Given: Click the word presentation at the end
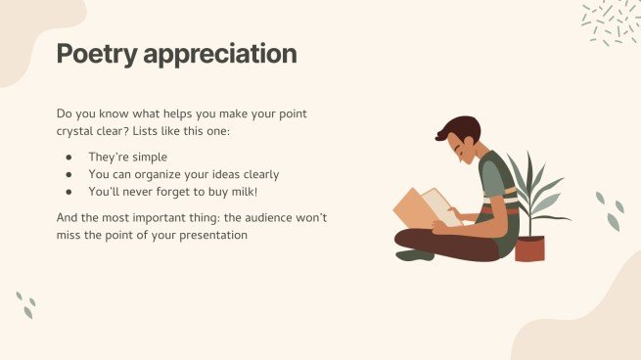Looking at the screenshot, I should [x=205, y=235].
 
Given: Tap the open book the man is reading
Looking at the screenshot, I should [x=428, y=206].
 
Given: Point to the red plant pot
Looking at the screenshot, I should [x=529, y=248].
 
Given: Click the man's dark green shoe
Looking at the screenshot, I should [x=414, y=254].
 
